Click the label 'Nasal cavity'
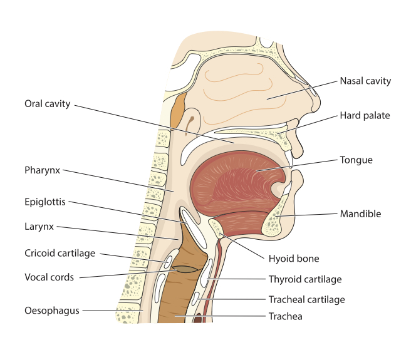365,81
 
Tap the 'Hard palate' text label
365,115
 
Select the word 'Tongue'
356,160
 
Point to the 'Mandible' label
360,213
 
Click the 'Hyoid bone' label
294,258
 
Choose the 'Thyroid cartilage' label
304,279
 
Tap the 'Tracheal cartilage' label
306,300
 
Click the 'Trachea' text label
285,316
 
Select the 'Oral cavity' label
48,103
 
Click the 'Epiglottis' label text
45,202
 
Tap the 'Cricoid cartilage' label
60,254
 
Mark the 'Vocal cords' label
49,276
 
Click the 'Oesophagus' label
52,310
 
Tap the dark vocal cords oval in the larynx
185,269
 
